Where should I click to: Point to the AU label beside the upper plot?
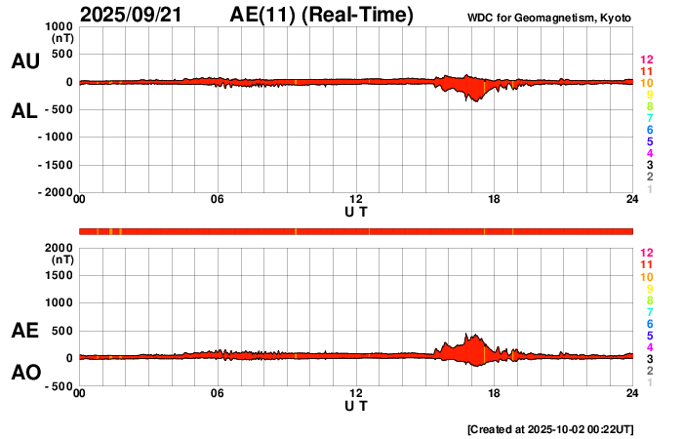25,61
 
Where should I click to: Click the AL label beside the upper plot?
25,111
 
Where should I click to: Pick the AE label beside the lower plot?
25,332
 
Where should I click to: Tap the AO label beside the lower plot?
25,373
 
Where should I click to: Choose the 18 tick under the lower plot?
494,393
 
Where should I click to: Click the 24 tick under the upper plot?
632,200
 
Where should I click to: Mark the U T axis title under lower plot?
356,405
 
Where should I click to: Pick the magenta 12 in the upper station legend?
646,60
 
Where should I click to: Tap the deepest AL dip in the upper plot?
475,100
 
